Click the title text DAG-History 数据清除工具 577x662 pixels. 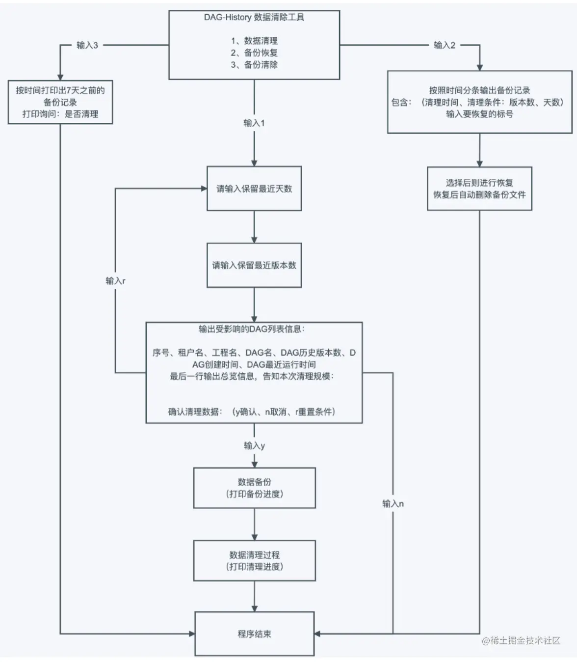click(254, 17)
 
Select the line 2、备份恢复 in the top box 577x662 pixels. click(254, 53)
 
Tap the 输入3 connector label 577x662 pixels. click(87, 45)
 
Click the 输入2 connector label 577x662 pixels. click(445, 45)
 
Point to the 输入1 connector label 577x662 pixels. click(254, 123)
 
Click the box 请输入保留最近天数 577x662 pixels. click(254, 189)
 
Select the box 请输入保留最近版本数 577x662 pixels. click(254, 265)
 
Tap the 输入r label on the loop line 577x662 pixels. click(116, 281)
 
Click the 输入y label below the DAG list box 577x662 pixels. click(254, 445)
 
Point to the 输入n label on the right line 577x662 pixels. click(393, 503)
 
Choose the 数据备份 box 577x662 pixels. click(254, 488)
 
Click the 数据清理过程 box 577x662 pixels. click(254, 560)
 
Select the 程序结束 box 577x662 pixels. click(254, 634)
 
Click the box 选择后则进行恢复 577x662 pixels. click(479, 189)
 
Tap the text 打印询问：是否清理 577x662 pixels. click(60, 114)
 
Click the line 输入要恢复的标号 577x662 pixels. click(479, 114)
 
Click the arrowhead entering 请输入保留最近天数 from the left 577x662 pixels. click(204, 189)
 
